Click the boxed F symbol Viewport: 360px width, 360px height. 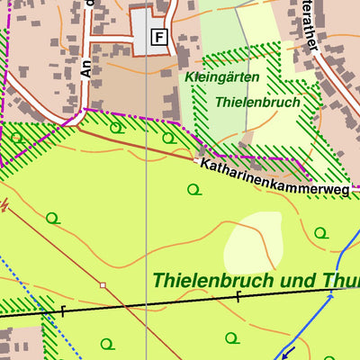pos(159,37)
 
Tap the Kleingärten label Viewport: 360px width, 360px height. pos(221,78)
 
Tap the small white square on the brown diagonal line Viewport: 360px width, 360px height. pos(103,285)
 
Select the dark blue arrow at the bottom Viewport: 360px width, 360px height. pos(288,351)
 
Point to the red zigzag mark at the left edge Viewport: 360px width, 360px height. pos(4,206)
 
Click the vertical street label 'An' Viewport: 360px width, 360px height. pos(86,67)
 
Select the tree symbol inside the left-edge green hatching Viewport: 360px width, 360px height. pos(16,137)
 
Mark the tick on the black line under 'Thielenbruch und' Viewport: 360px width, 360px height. pos(238,298)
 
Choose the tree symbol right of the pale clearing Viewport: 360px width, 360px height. pos(320,233)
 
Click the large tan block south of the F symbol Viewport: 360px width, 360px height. pos(121,90)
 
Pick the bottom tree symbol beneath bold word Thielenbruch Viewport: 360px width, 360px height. pos(231,338)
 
